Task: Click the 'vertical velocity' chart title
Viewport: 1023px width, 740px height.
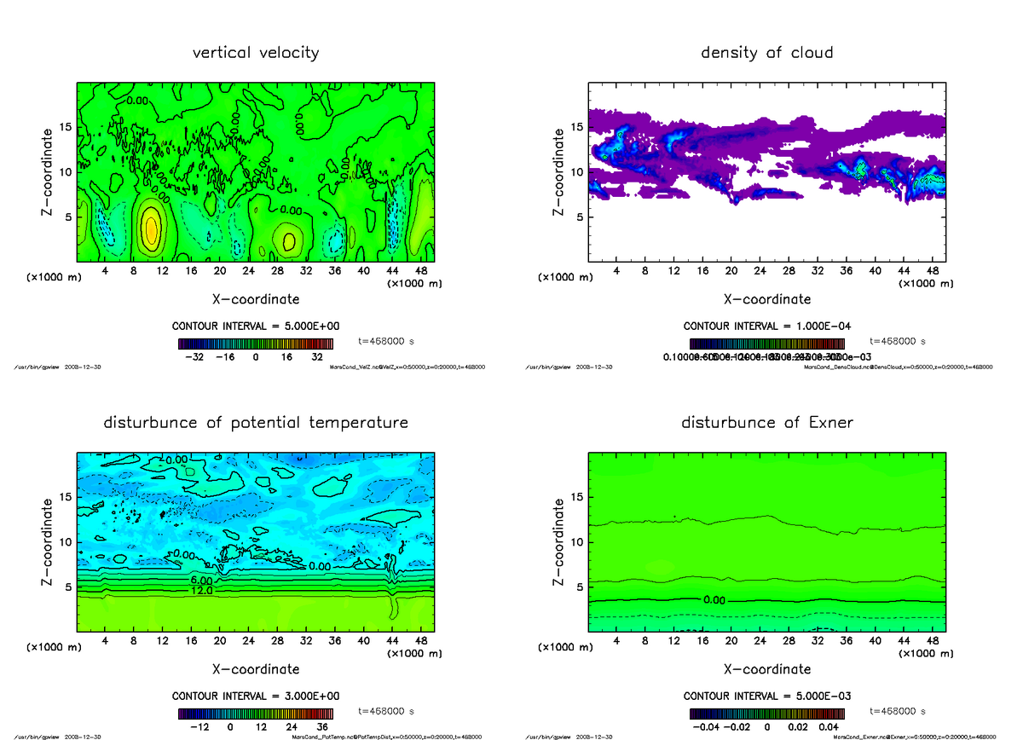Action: (256, 53)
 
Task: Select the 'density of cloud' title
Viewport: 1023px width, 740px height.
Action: (766, 53)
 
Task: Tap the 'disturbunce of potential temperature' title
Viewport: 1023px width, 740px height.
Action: (256, 423)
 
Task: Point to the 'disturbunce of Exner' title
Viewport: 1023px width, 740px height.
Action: (766, 423)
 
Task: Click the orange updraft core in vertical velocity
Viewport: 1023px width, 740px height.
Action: (150, 228)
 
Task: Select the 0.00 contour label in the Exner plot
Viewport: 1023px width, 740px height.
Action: (714, 599)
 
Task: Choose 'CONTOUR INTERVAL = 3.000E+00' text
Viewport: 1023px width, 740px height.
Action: (256, 696)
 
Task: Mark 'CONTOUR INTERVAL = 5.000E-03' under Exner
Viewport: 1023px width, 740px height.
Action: (766, 696)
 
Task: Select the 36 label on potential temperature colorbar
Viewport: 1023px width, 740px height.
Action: (324, 727)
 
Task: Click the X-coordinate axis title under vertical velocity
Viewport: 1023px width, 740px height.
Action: (256, 299)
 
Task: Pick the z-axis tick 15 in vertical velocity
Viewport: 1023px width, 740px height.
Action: (65, 128)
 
